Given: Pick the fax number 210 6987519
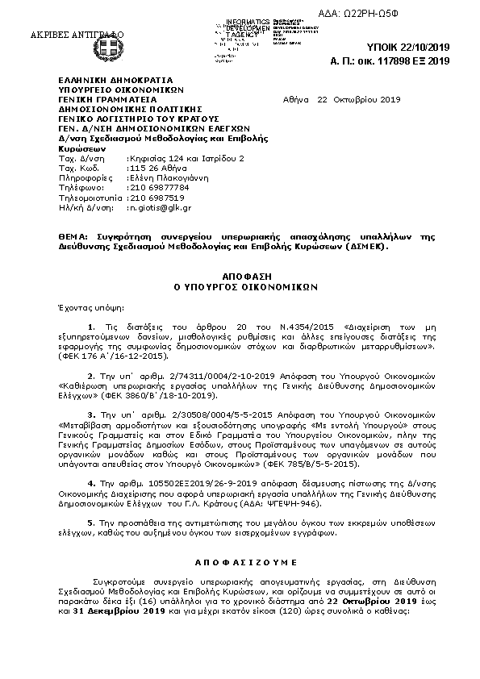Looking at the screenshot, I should click(157, 197).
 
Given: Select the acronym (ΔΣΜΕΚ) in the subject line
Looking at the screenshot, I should click(362, 248).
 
